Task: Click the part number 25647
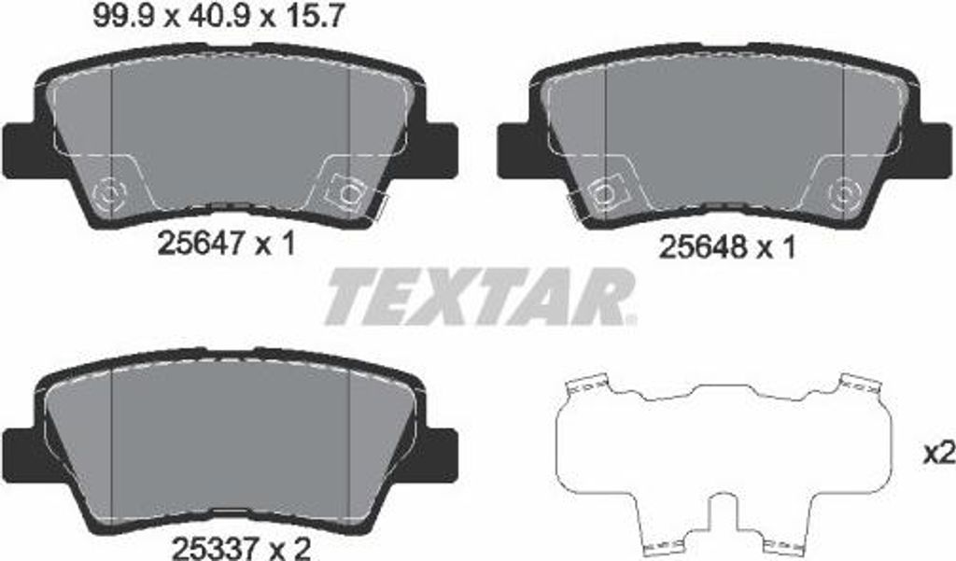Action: pos(202,245)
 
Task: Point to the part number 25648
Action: pos(702,248)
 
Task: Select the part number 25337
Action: pos(218,549)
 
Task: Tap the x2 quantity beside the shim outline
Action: pos(939,454)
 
